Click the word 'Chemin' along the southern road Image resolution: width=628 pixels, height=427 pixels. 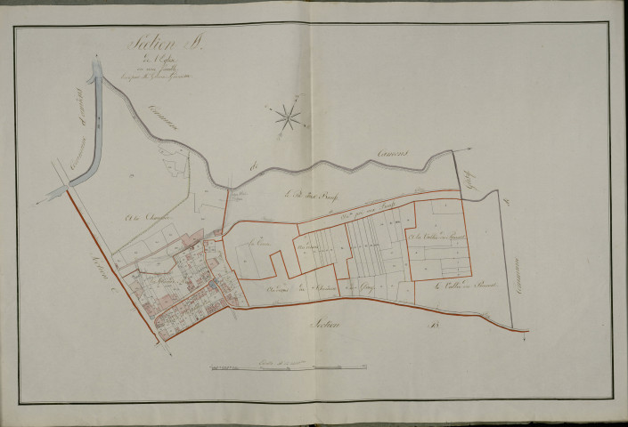click(x=279, y=289)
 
